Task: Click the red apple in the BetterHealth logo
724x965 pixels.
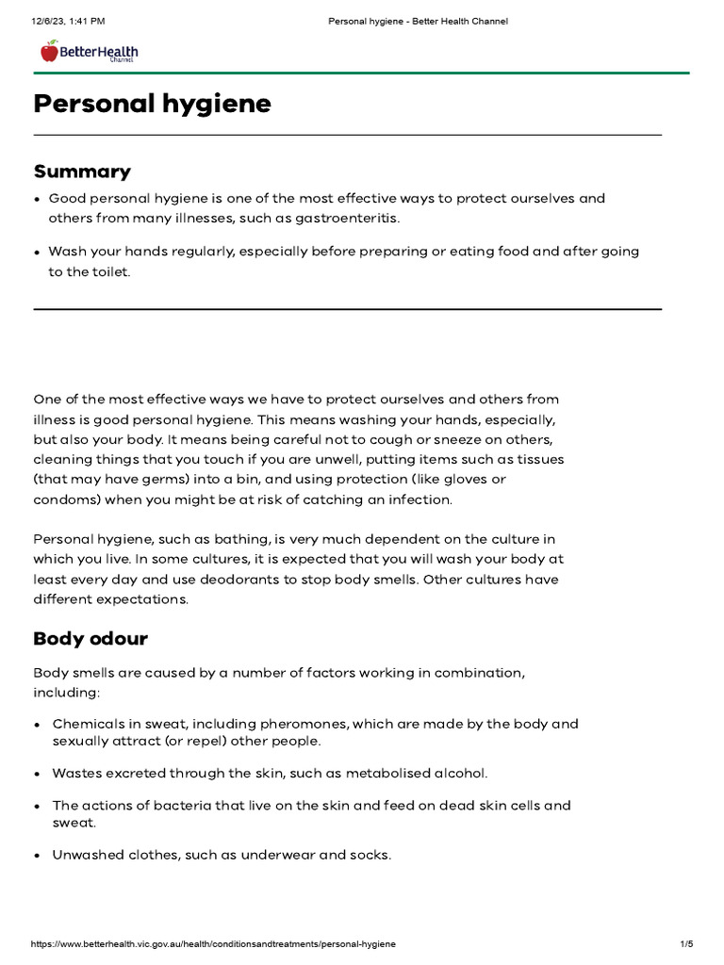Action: (x=49, y=51)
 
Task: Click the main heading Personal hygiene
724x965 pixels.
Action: (x=152, y=104)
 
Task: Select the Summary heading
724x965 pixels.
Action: (x=82, y=172)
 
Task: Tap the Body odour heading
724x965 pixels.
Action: (x=90, y=639)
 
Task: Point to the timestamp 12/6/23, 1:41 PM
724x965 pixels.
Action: (x=67, y=21)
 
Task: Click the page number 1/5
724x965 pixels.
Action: (x=686, y=943)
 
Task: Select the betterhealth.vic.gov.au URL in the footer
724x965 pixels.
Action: (x=213, y=943)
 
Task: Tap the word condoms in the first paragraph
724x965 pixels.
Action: (x=61, y=499)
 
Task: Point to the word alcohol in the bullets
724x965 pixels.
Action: (x=463, y=773)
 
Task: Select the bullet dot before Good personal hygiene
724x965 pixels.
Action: (x=37, y=200)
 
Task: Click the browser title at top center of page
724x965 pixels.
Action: (x=418, y=21)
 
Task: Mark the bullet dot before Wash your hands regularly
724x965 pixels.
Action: (x=37, y=253)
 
